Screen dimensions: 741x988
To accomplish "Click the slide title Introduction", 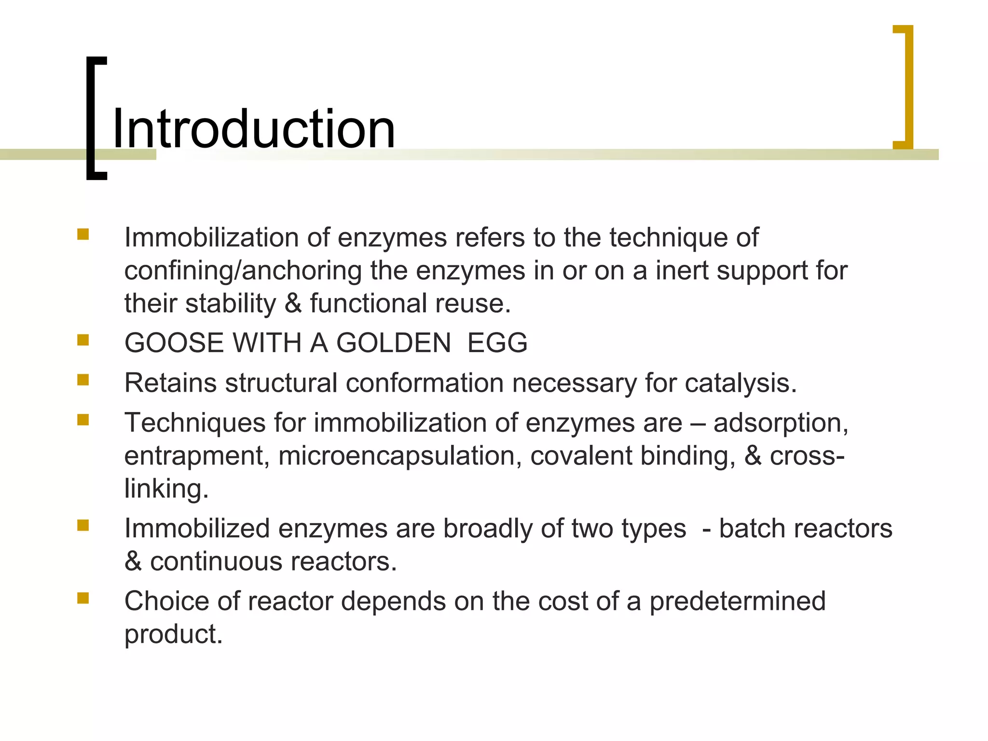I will pyautogui.click(x=254, y=129).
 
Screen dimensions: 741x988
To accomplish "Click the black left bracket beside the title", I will pyautogui.click(x=92, y=118).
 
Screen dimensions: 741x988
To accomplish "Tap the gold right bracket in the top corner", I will pyautogui.click(x=907, y=87).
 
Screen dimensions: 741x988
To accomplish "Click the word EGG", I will pyautogui.click(x=497, y=343).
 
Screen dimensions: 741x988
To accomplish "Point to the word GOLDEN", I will pyautogui.click(x=393, y=343).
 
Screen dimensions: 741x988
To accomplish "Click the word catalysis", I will pyautogui.click(x=740, y=383).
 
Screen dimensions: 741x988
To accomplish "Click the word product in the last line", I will pyautogui.click(x=173, y=634).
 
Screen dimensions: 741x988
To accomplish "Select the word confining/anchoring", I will pyautogui.click(x=243, y=271).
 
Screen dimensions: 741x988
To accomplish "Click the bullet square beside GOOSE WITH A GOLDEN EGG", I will pyautogui.click(x=83, y=341).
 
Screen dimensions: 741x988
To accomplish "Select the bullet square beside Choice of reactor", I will pyautogui.click(x=83, y=599).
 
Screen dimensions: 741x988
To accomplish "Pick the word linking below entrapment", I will pyautogui.click(x=166, y=489).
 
